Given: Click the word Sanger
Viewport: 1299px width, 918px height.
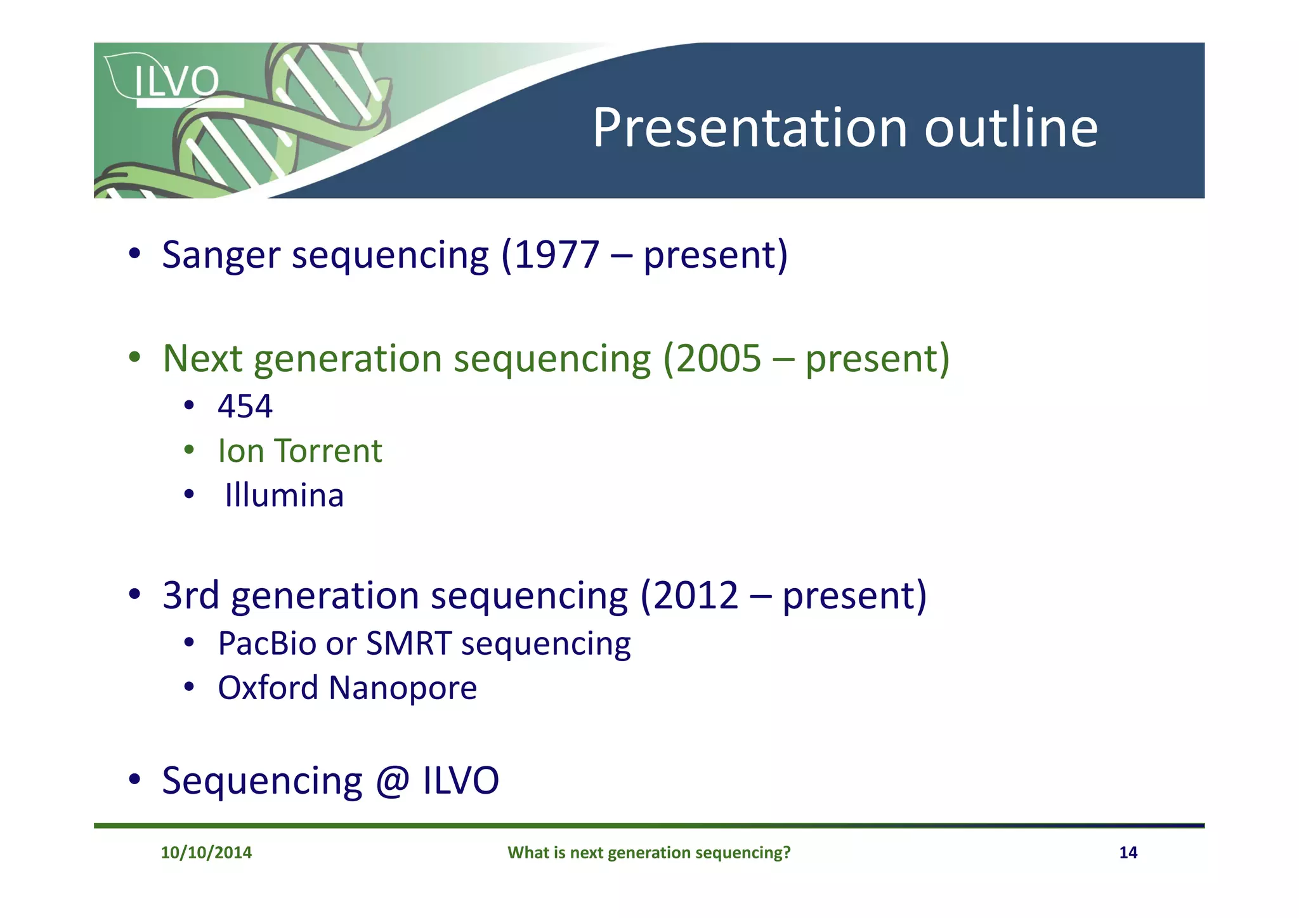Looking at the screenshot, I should tap(221, 255).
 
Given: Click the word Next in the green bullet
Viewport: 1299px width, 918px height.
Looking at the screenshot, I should tap(202, 359).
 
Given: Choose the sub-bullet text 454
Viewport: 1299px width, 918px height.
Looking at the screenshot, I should tap(245, 406).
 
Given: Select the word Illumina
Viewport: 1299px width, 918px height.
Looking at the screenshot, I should tap(284, 495).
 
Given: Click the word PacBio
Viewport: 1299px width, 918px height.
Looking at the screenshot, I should tap(266, 643).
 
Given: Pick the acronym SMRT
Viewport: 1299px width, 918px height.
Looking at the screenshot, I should tap(408, 643).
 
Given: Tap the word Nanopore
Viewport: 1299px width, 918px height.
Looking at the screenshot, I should tap(403, 688).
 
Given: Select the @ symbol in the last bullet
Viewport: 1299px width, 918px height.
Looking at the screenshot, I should tap(391, 781).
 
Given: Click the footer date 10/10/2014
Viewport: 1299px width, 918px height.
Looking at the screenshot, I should tap(206, 853).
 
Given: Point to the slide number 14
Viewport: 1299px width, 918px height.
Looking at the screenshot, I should tap(1128, 853).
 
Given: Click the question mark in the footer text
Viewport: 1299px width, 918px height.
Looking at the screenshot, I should tap(787, 853).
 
